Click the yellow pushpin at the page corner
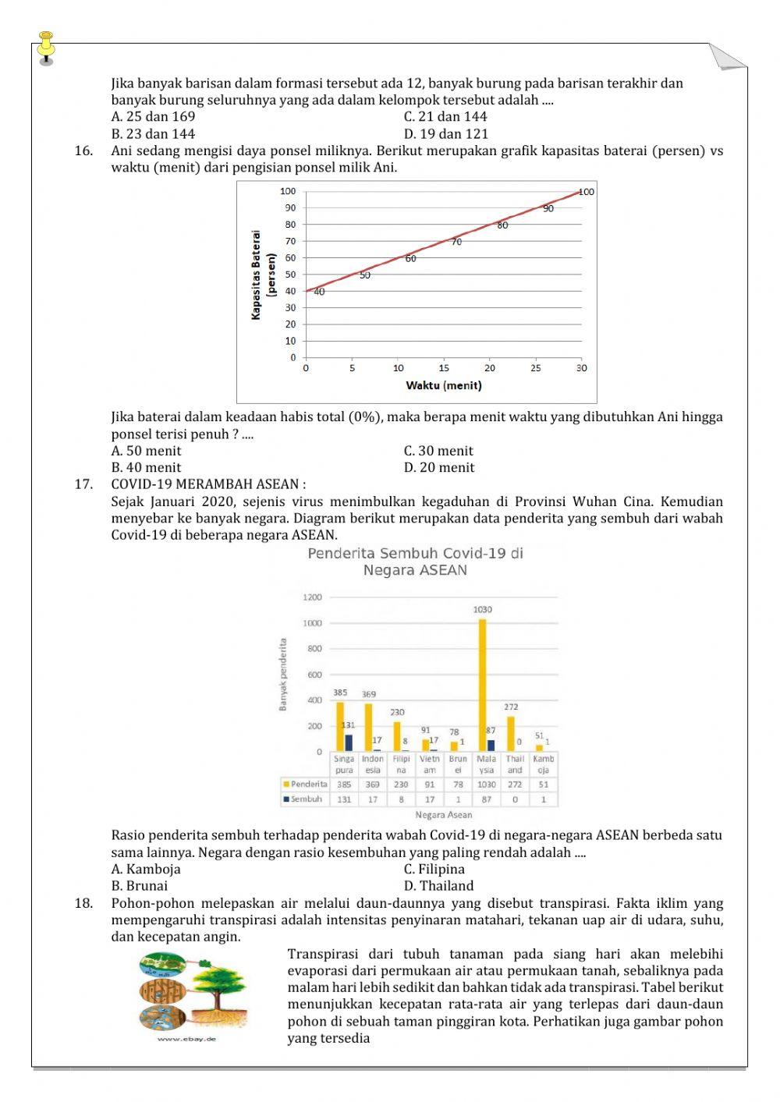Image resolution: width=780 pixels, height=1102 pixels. (47, 45)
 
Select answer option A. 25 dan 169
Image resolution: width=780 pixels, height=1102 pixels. (153, 117)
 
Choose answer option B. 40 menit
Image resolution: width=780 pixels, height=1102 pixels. (146, 468)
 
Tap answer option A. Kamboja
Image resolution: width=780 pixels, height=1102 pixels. (146, 869)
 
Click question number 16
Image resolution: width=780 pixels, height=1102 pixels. (83, 151)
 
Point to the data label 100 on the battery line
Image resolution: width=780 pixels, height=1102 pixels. (586, 192)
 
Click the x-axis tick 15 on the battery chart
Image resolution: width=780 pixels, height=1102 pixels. (444, 368)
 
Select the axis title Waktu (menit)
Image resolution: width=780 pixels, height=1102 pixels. (443, 386)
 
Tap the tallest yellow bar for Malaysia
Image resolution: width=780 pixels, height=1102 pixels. (483, 685)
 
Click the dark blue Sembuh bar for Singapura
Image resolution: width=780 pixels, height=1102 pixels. (349, 742)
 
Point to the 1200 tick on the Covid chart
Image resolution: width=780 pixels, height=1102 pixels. (312, 597)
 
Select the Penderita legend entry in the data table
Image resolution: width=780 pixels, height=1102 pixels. (306, 785)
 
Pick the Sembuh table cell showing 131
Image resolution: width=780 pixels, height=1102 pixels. (344, 799)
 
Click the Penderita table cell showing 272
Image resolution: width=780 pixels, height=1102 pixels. (515, 785)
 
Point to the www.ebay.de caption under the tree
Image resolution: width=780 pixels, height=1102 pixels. (187, 1039)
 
